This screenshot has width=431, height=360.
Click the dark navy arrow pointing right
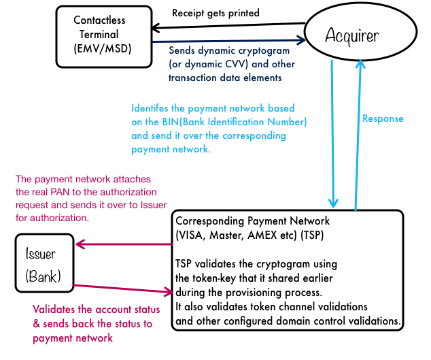click(228, 42)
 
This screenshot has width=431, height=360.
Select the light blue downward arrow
click(332, 133)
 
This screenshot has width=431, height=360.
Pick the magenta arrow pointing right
click(123, 289)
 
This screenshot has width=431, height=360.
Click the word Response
click(383, 118)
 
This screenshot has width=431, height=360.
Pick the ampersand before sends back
click(37, 324)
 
